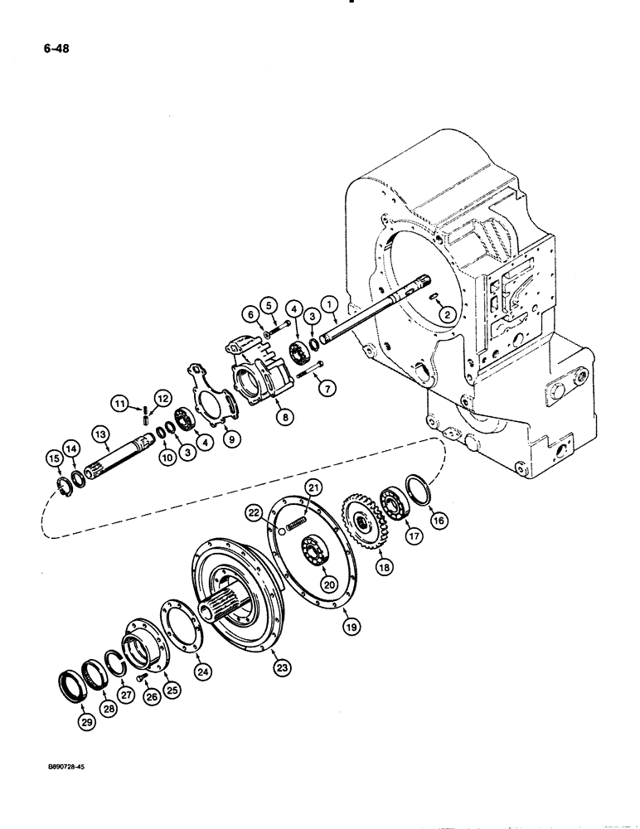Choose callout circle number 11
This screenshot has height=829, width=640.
121,403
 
